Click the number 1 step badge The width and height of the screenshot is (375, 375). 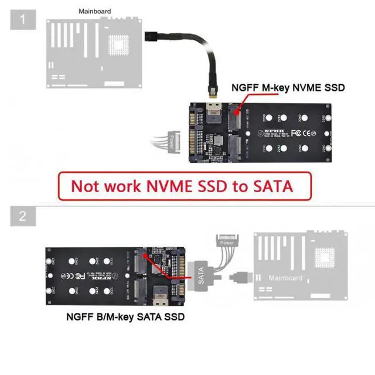tap(22, 20)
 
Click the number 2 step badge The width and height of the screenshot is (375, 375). tap(22, 216)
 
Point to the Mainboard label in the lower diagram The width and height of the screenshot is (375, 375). tap(285, 277)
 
